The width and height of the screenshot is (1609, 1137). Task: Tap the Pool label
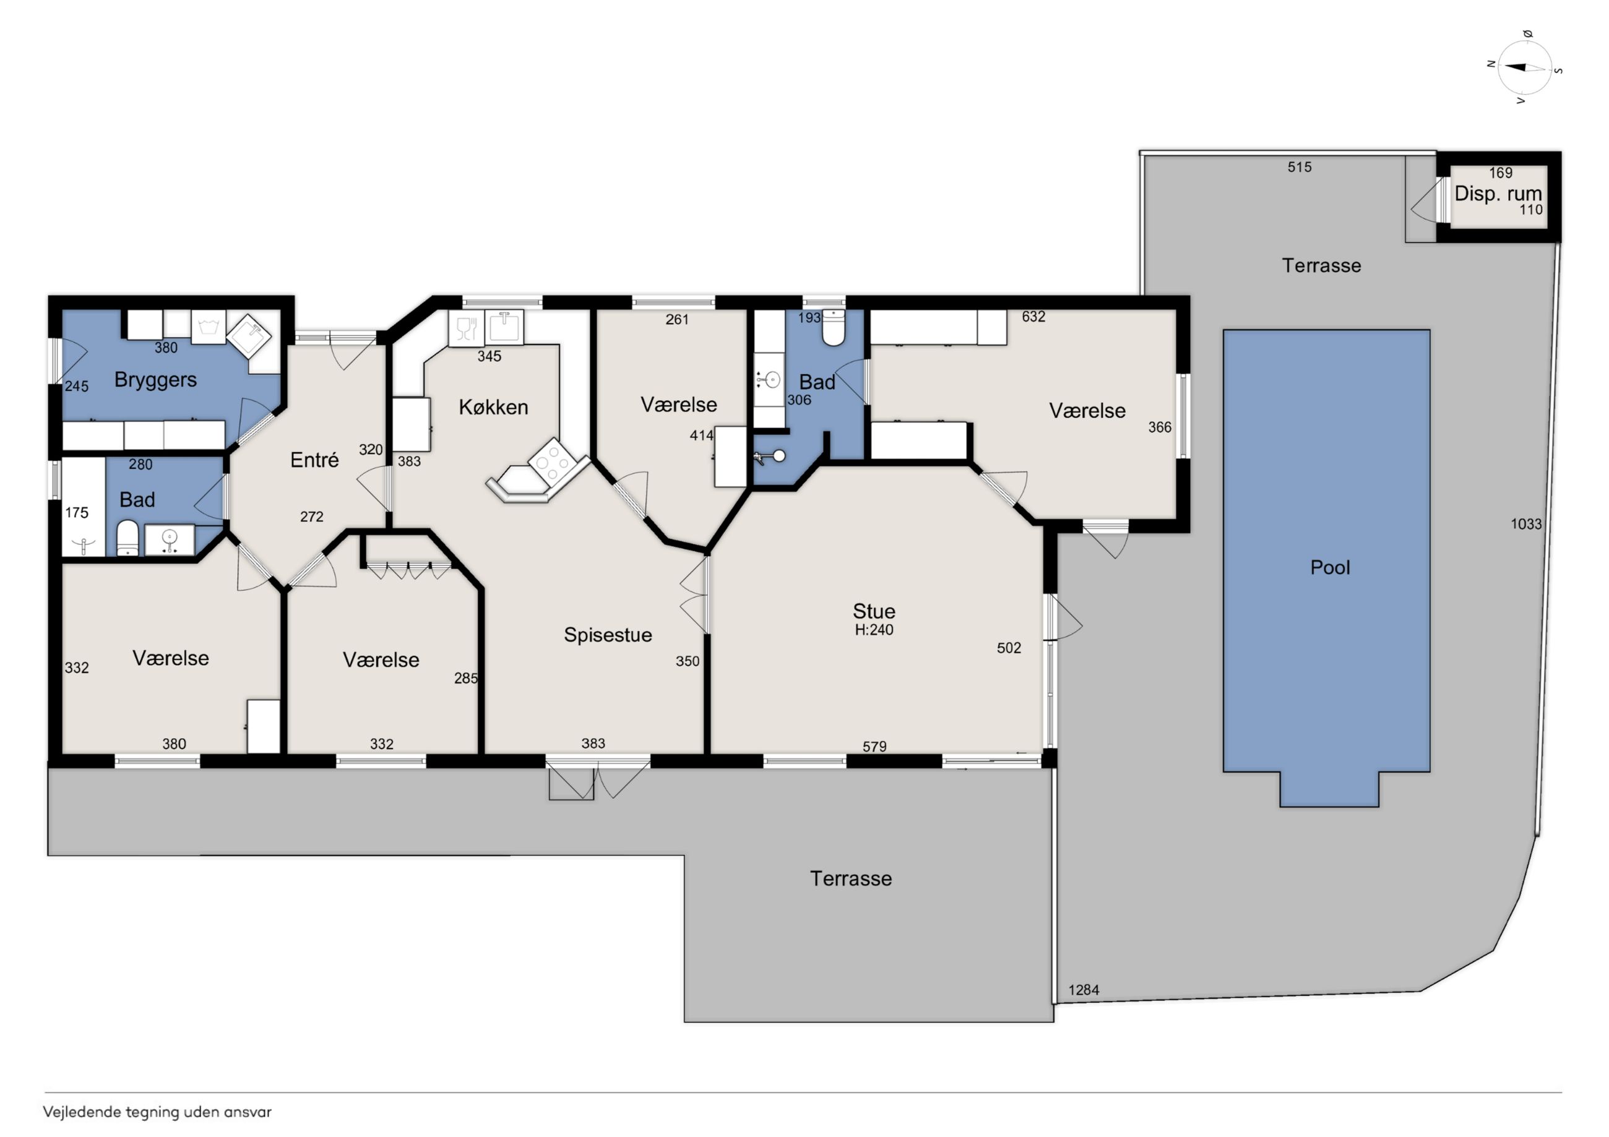pyautogui.click(x=1329, y=567)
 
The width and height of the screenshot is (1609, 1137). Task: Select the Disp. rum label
pyautogui.click(x=1498, y=194)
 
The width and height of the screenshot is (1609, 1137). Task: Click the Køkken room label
pyautogui.click(x=493, y=406)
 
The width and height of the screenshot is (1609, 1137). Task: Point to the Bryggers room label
pyautogui.click(x=155, y=380)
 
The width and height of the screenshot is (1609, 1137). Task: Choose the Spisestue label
pyautogui.click(x=608, y=635)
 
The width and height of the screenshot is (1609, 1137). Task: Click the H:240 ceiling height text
pyautogui.click(x=874, y=630)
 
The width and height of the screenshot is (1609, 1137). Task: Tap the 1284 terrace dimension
pyautogui.click(x=1084, y=990)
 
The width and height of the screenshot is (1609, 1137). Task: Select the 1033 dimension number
pyautogui.click(x=1525, y=524)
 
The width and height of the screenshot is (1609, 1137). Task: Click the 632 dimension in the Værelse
pyautogui.click(x=1033, y=317)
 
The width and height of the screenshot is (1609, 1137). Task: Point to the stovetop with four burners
pyautogui.click(x=553, y=460)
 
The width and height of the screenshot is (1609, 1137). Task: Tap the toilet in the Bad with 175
pyautogui.click(x=127, y=538)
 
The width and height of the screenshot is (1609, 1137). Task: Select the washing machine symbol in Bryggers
pyautogui.click(x=209, y=327)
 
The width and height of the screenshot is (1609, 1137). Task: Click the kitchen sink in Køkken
pyautogui.click(x=504, y=327)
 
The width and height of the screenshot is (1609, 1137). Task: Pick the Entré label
pyautogui.click(x=314, y=460)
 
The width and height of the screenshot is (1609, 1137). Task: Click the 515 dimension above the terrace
pyautogui.click(x=1299, y=167)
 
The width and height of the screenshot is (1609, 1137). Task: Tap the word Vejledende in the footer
pyautogui.click(x=82, y=1112)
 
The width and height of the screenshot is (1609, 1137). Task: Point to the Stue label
pyautogui.click(x=874, y=611)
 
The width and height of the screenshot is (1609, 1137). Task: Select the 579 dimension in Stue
pyautogui.click(x=874, y=747)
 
